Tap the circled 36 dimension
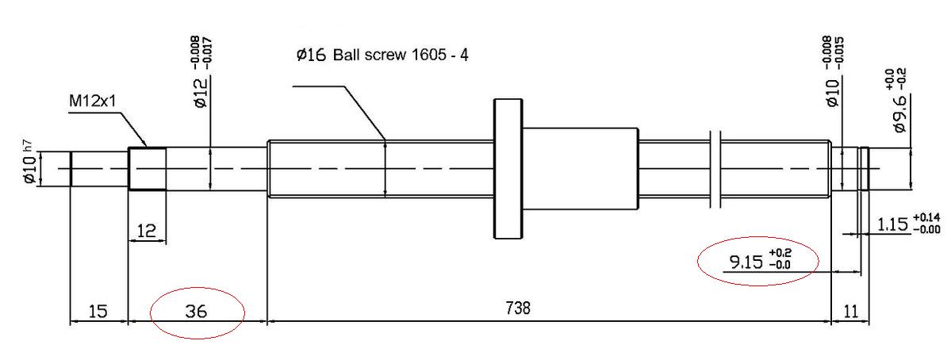pos(197,312)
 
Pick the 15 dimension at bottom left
pos(98,312)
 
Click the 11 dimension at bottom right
pos(851,312)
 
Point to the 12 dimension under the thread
pos(147,230)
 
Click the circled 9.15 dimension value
pos(746,262)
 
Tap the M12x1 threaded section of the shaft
pos(148,168)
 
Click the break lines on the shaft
pos(714,170)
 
